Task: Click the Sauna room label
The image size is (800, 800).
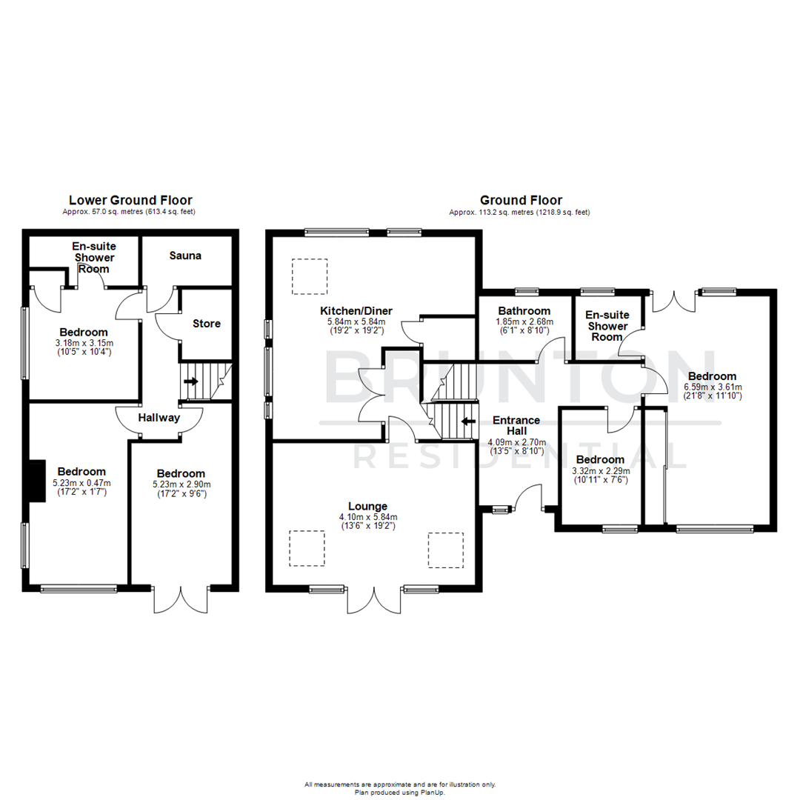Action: [185, 256]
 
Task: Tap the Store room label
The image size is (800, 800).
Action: [207, 324]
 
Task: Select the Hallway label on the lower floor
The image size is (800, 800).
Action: [159, 418]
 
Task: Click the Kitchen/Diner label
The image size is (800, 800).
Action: [356, 310]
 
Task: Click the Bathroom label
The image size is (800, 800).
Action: [524, 310]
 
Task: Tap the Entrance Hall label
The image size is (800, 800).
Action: [516, 425]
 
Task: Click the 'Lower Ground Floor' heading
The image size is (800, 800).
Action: [130, 200]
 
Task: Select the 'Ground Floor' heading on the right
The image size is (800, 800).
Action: [520, 200]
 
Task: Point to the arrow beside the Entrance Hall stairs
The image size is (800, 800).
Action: [468, 421]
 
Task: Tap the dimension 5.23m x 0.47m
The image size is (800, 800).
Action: [81, 482]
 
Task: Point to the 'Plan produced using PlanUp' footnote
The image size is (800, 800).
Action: [400, 791]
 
